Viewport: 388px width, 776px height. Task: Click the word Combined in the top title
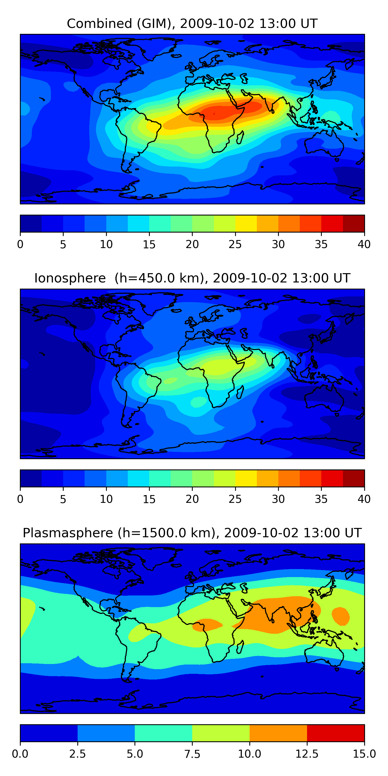click(x=99, y=24)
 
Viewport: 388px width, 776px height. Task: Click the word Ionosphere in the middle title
click(x=70, y=278)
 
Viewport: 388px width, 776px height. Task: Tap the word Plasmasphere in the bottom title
click(x=68, y=533)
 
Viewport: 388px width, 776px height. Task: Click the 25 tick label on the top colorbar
click(x=235, y=244)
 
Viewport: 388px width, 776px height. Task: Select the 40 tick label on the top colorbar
click(x=364, y=244)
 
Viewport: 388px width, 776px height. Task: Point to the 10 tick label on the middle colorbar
click(x=106, y=499)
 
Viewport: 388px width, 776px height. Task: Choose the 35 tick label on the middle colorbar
click(x=321, y=499)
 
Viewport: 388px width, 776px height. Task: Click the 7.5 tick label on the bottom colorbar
click(x=192, y=754)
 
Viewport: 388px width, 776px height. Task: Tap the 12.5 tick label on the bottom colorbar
click(x=307, y=754)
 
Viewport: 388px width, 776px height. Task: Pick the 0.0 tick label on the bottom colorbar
click(x=20, y=754)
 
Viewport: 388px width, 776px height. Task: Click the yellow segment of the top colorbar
click(x=246, y=223)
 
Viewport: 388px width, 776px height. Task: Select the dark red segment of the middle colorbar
click(x=354, y=478)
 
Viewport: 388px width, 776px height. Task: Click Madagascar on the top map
click(x=240, y=137)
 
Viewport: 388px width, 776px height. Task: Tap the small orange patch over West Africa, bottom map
click(x=207, y=625)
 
